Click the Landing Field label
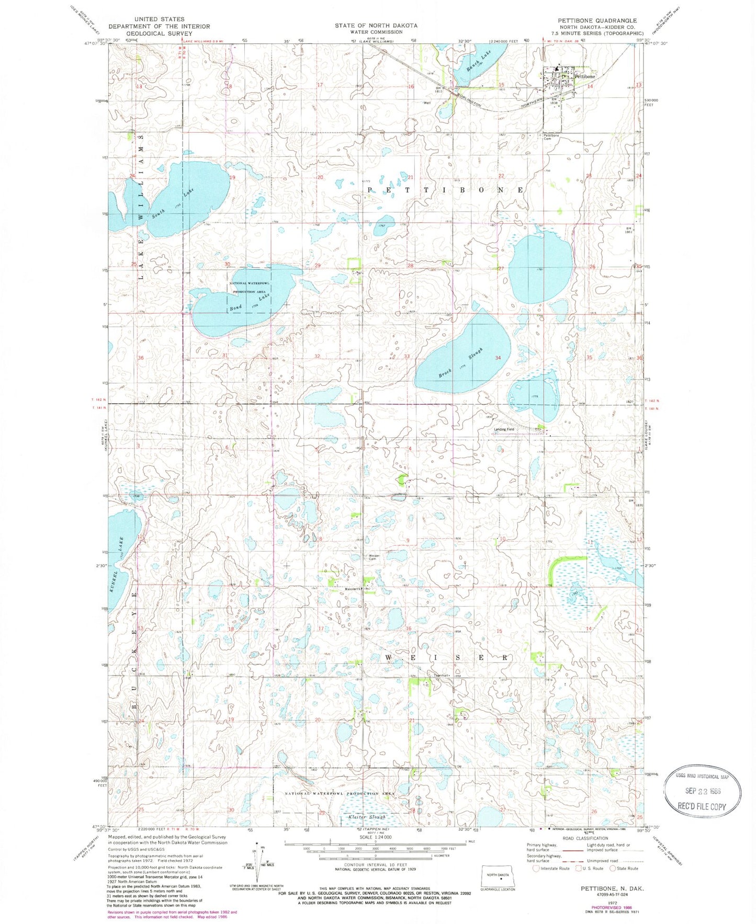[x=504, y=429]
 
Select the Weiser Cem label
[x=373, y=557]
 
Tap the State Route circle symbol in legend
[x=613, y=869]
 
